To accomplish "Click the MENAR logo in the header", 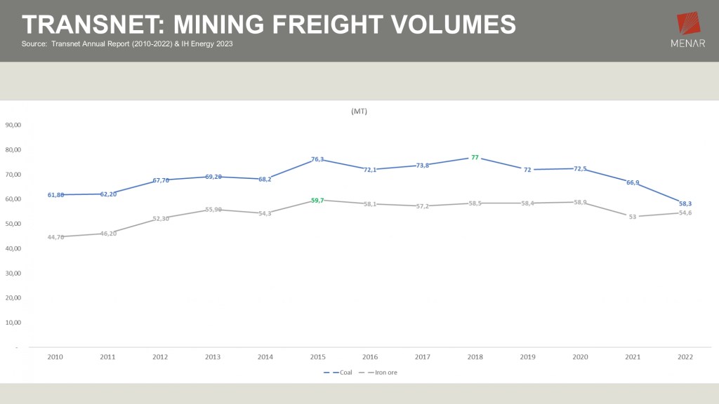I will pyautogui.click(x=689, y=32).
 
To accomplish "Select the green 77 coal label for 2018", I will pyautogui.click(x=475, y=158).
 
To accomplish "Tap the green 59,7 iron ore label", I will pyautogui.click(x=317, y=201).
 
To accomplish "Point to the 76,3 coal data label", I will pyautogui.click(x=317, y=159).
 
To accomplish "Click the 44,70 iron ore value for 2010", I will pyautogui.click(x=56, y=237).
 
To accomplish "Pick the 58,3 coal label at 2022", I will pyautogui.click(x=685, y=203).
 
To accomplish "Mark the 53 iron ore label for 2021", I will pyautogui.click(x=633, y=217).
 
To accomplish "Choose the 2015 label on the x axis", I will pyautogui.click(x=317, y=357).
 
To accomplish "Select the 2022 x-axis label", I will pyautogui.click(x=685, y=357).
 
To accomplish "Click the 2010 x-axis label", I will pyautogui.click(x=55, y=357).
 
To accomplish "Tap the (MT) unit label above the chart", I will pyautogui.click(x=359, y=112).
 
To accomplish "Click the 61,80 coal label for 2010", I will pyautogui.click(x=56, y=195).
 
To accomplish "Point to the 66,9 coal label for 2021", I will pyautogui.click(x=633, y=182).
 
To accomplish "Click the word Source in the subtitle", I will pyautogui.click(x=34, y=44).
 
